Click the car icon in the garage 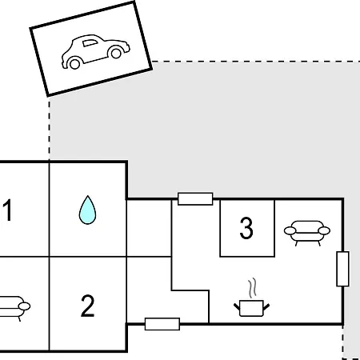point(95,51)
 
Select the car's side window point(90,43)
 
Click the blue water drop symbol point(87,210)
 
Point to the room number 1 point(8,210)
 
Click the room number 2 point(87,306)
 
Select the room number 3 point(246,228)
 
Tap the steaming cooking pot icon point(251,298)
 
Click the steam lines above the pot point(253,288)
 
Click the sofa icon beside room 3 point(307,233)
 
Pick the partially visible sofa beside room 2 point(14,308)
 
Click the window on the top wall point(195,199)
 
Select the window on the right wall point(343,269)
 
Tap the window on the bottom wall point(162,324)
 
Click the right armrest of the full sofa point(324,230)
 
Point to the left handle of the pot point(237,306)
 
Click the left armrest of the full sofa point(290,230)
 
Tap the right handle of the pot point(266,306)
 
